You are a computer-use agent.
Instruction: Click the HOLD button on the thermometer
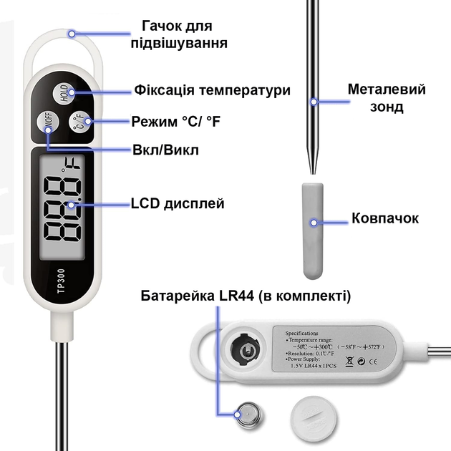[x=64, y=93]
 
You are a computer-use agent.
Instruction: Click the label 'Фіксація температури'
[x=213, y=91]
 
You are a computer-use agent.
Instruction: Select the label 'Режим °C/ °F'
[x=176, y=122]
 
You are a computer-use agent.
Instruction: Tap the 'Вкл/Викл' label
[x=165, y=150]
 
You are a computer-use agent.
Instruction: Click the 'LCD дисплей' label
[x=178, y=204]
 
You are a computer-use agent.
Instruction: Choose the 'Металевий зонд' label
[x=387, y=98]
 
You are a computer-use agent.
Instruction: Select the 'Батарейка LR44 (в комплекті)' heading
[x=246, y=296]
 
